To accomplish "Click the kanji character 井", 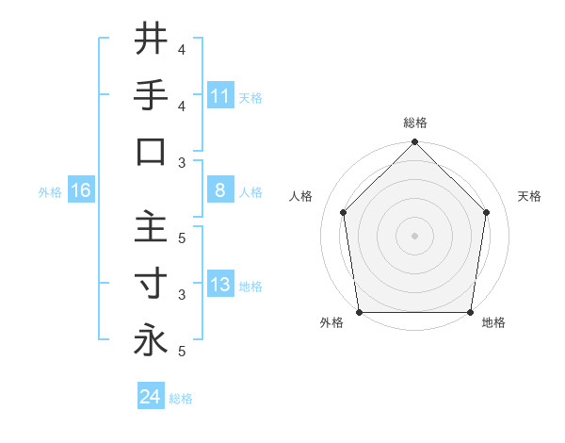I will [x=151, y=40].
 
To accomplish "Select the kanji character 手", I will [x=151, y=96].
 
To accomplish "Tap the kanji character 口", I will [x=151, y=153].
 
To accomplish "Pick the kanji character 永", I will [x=151, y=340].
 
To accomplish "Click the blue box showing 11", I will [x=220, y=95].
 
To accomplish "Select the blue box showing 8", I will [x=220, y=190].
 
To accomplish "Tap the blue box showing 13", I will [x=220, y=285].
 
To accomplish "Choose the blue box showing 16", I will [x=81, y=190].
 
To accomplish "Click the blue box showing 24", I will [x=150, y=397].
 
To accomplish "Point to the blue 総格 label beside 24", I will [x=181, y=399].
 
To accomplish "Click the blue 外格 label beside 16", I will [x=50, y=191].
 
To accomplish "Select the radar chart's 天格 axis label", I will [x=529, y=196].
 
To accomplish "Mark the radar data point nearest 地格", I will [x=471, y=312].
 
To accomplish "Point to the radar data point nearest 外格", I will [x=360, y=312].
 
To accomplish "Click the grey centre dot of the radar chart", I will [x=415, y=235].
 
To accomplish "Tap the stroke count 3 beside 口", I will [x=182, y=162].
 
